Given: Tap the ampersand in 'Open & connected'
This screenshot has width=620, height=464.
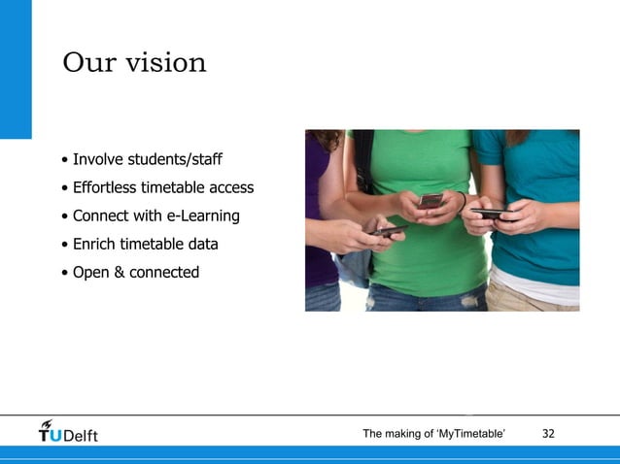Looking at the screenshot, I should (120, 272).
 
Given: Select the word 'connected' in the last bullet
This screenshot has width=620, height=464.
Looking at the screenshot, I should (164, 272).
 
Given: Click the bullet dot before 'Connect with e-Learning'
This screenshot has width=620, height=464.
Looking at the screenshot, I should (63, 216).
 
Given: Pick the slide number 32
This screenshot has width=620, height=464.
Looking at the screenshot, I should (548, 433).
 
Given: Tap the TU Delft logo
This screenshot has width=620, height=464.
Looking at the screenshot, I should (68, 433).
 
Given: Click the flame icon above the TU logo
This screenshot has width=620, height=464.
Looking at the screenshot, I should (47, 423).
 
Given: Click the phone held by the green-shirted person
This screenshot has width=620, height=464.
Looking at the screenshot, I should (430, 201).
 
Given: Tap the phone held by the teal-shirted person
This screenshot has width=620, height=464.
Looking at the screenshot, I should (491, 214).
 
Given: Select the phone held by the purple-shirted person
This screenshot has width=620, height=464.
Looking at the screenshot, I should (392, 231).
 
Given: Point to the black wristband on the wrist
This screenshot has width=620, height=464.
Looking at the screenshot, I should (461, 203).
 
